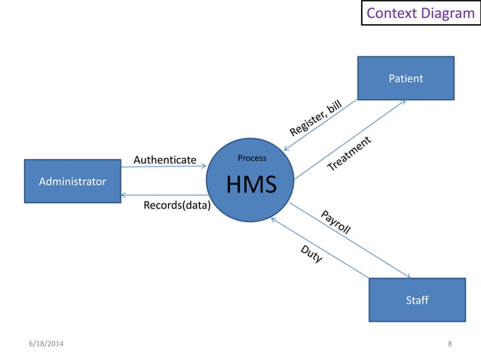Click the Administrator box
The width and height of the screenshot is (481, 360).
pyautogui.click(x=72, y=182)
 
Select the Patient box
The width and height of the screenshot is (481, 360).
pyautogui.click(x=406, y=78)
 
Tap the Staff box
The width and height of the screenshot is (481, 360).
pyautogui.click(x=417, y=300)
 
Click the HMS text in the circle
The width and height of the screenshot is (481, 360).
pyautogui.click(x=251, y=184)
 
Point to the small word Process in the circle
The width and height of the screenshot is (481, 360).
pyautogui.click(x=252, y=158)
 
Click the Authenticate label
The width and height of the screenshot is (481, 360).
pyautogui.click(x=164, y=160)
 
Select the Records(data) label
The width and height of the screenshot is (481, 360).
pyautogui.click(x=176, y=205)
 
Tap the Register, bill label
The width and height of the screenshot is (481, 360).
pyautogui.click(x=316, y=120)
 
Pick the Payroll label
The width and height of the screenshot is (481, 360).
pyautogui.click(x=335, y=223)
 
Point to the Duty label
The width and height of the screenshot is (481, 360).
pyautogui.click(x=311, y=254)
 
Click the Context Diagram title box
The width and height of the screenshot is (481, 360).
pyautogui.click(x=421, y=14)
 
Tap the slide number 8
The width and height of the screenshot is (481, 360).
pyautogui.click(x=450, y=344)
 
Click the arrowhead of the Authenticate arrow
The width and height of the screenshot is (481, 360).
pyautogui.click(x=204, y=166)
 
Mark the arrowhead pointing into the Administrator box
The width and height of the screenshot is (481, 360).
pyautogui.click(x=124, y=195)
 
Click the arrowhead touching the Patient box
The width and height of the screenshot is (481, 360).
pyautogui.click(x=404, y=102)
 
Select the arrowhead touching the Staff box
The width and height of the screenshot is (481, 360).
pyautogui.click(x=408, y=276)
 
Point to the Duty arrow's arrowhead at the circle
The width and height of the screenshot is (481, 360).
pyautogui.click(x=274, y=220)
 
